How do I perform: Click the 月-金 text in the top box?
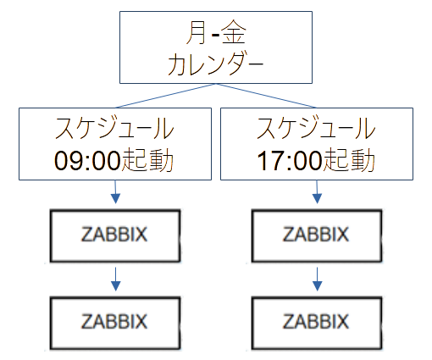[216, 33]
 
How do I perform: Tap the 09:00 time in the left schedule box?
[87, 160]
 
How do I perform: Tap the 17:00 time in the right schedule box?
[290, 160]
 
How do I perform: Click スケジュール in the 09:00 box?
[114, 129]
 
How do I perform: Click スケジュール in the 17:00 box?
[316, 129]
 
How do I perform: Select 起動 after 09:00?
[147, 160]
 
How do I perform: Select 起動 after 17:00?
[349, 160]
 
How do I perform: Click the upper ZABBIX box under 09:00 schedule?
[115, 235]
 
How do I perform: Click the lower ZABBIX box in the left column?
[115, 323]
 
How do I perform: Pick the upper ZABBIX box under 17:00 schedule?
[317, 235]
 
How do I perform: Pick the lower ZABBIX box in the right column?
[317, 323]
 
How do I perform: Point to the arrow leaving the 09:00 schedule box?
[115, 192]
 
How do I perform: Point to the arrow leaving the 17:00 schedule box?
[317, 192]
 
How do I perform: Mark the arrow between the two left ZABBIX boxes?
[115, 280]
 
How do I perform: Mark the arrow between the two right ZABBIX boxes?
[317, 280]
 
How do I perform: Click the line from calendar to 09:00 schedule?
[166, 96]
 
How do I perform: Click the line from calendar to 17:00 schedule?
[266, 96]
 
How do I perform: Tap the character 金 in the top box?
[234, 33]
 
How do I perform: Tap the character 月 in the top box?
[197, 33]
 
